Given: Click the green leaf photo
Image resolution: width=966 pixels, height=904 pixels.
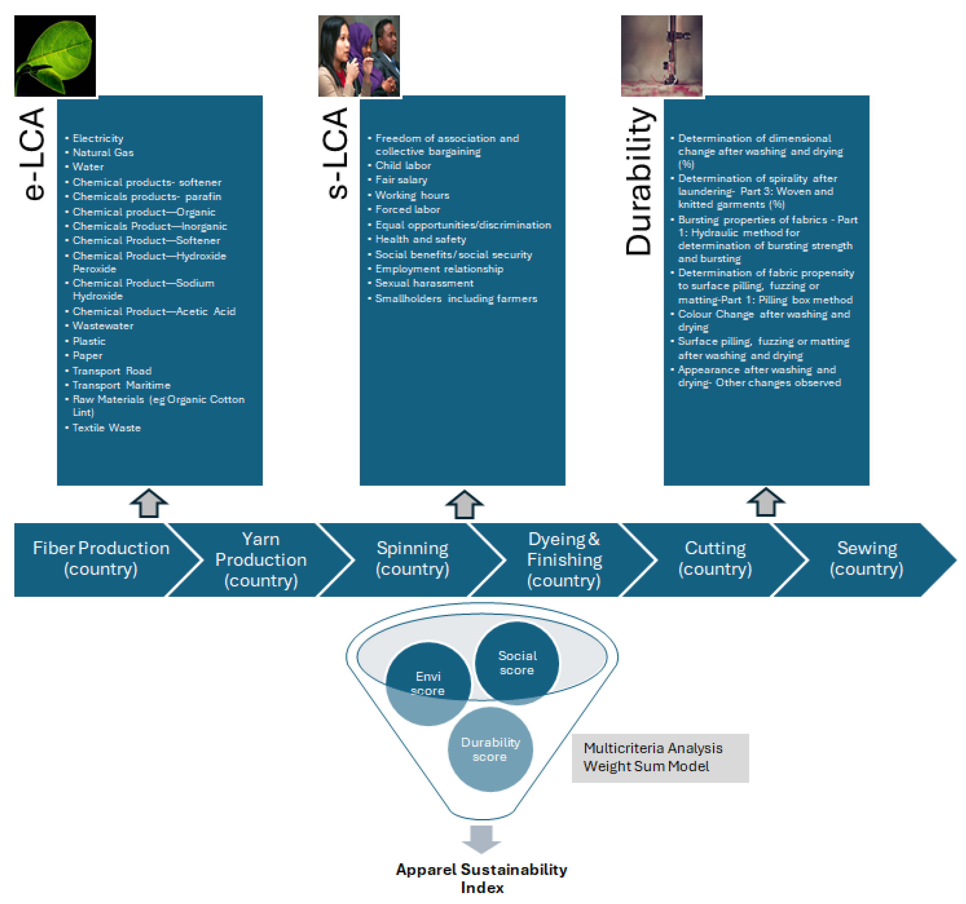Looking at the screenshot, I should point(55,56).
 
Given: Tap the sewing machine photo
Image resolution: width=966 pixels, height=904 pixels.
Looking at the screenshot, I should point(661,56).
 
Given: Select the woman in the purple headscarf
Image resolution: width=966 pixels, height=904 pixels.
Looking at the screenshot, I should point(359,53).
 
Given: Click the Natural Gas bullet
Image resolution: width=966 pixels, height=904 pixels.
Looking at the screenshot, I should point(103,153).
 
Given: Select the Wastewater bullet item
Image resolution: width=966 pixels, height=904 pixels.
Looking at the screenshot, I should point(103,326).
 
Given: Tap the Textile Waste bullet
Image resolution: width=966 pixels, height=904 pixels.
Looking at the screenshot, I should point(106,428).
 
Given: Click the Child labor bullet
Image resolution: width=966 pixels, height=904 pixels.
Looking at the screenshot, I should point(403,166).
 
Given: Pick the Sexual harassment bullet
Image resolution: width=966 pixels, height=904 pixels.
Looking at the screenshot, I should point(424,283).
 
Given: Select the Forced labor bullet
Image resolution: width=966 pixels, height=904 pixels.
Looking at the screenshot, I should point(407,210).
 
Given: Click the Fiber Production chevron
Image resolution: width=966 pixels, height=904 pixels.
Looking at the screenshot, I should point(101,559).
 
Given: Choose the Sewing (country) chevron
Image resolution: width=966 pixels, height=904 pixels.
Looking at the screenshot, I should point(866,559).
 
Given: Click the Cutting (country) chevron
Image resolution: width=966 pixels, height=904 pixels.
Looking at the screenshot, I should point(715,559).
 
